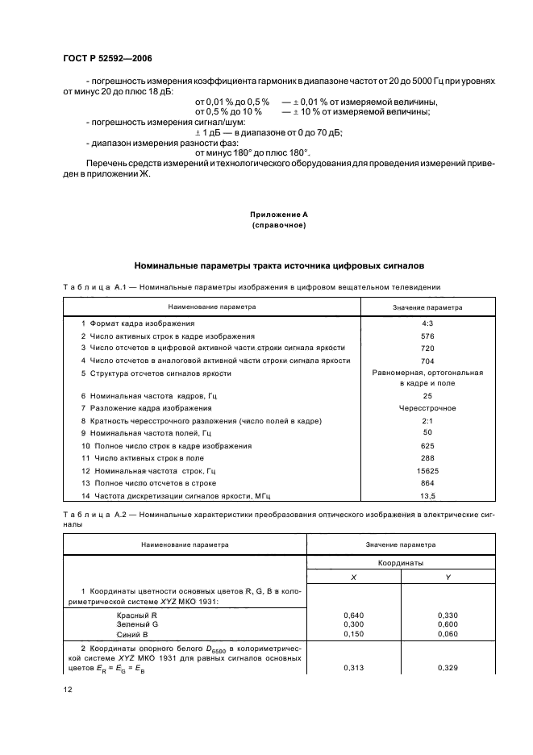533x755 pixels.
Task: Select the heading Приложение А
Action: (x=279, y=215)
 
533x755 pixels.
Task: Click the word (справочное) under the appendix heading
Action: (x=279, y=226)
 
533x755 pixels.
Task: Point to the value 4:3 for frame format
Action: (x=427, y=323)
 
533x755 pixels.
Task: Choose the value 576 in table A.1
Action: (x=427, y=336)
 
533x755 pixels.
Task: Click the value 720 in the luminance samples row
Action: (x=427, y=348)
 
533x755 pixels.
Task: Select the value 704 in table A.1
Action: (x=427, y=361)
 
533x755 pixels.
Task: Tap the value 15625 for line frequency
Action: (x=427, y=470)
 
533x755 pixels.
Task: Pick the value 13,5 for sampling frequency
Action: (x=427, y=495)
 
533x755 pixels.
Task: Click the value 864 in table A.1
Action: (x=427, y=482)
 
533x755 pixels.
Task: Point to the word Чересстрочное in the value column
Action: (x=427, y=408)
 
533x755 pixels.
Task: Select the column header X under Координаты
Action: (x=355, y=578)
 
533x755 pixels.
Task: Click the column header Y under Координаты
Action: (x=448, y=578)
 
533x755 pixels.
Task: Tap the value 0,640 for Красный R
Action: (x=355, y=615)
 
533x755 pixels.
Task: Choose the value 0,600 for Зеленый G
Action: (x=448, y=624)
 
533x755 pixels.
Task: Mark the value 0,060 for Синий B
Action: (x=448, y=634)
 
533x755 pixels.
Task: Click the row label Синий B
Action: (x=131, y=634)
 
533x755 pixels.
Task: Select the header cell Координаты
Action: (x=401, y=563)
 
